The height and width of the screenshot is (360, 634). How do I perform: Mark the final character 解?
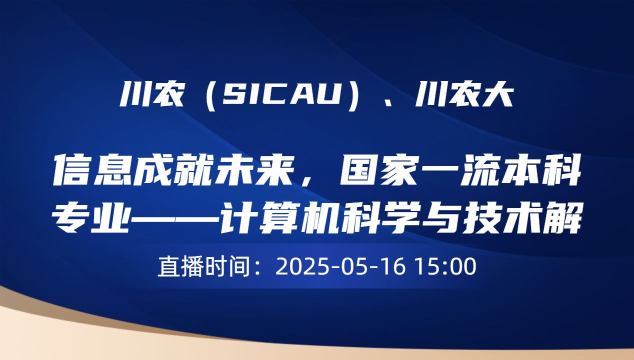click(560, 219)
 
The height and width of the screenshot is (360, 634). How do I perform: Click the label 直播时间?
click(203, 266)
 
